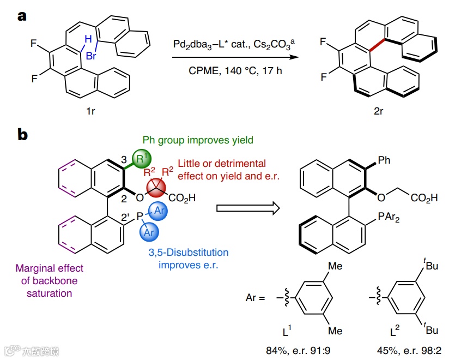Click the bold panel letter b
click(x=23, y=134)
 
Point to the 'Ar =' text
click(x=256, y=299)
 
